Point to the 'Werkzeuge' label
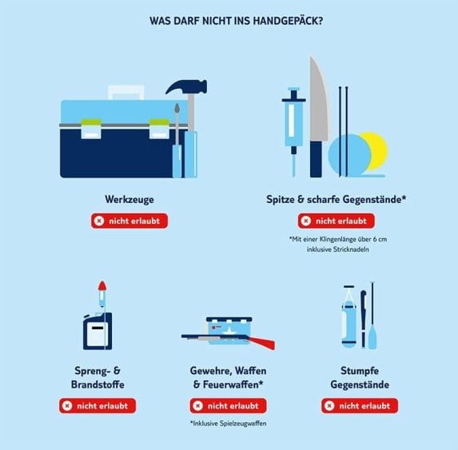click(x=129, y=199)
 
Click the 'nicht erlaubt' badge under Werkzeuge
click(x=129, y=221)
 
